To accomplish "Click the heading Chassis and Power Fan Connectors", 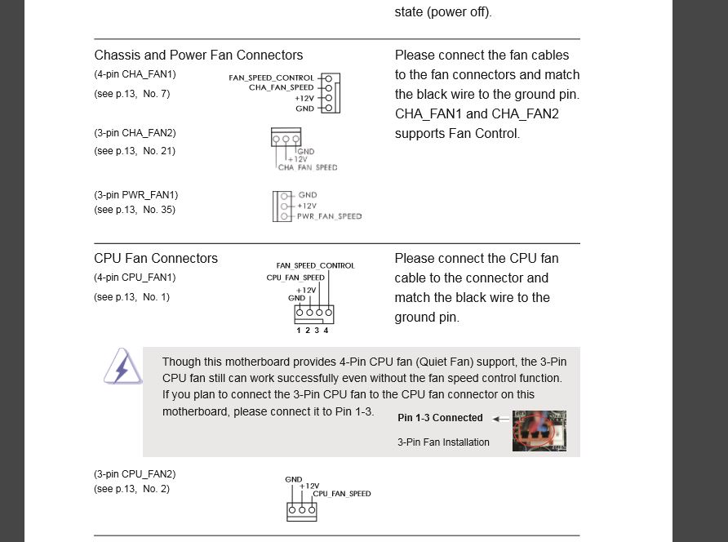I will [198, 56].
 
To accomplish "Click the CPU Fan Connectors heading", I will [156, 258].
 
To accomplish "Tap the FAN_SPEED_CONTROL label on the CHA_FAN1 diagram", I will [271, 78].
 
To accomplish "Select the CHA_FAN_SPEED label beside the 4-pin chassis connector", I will [281, 87].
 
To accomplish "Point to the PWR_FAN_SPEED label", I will [330, 216].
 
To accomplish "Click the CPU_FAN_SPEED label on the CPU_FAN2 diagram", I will [342, 494].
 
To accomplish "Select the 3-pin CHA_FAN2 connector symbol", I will [286, 137].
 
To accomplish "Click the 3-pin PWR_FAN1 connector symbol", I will [282, 206].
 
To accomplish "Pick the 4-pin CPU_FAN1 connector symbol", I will [314, 313].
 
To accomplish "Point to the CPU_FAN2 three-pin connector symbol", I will [301, 511].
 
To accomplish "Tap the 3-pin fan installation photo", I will [539, 430].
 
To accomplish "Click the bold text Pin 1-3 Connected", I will [440, 418].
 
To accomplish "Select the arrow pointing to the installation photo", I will [501, 419].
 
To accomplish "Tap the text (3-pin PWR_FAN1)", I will [135, 195].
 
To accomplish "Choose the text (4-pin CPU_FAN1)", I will [135, 278].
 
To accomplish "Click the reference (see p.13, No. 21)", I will [135, 151].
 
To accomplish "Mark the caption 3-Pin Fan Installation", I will [443, 442].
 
